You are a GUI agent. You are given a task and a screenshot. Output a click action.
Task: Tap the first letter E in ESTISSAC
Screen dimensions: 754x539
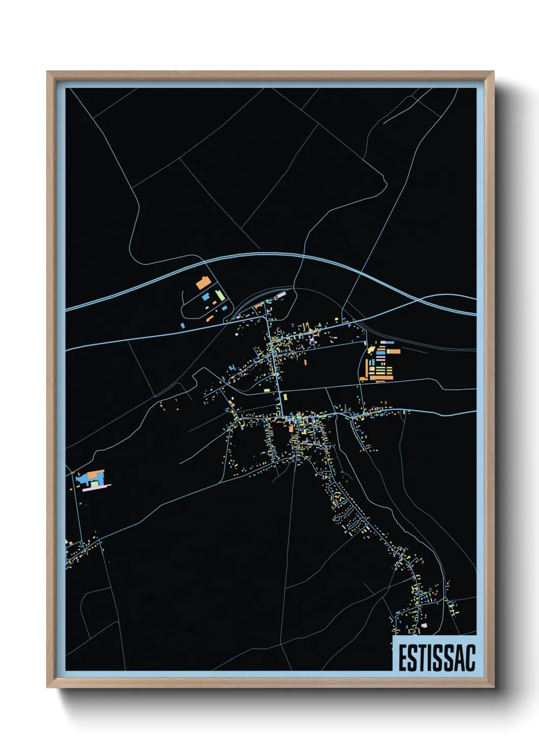click(x=402, y=658)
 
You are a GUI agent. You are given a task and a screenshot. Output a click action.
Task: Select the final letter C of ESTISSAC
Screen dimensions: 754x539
click(x=470, y=658)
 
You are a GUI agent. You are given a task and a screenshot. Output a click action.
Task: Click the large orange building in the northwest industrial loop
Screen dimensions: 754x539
click(x=203, y=283)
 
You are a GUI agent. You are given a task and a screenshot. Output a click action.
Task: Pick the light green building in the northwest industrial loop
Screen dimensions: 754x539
click(x=220, y=295)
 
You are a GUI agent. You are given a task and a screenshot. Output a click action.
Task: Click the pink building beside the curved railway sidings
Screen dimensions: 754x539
click(x=280, y=294)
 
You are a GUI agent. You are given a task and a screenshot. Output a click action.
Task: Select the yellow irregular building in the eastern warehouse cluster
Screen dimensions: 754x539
click(x=371, y=350)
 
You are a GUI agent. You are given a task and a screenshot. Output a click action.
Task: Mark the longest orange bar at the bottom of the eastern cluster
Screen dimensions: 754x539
click(x=382, y=378)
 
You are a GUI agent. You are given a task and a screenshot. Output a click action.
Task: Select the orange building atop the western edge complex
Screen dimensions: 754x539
click(x=95, y=474)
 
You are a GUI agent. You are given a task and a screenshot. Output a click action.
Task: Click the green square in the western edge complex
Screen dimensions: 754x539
click(x=94, y=483)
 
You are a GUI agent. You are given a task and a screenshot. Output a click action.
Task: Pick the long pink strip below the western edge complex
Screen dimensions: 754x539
click(x=96, y=488)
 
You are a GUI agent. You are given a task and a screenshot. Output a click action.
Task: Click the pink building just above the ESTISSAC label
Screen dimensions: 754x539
click(x=424, y=625)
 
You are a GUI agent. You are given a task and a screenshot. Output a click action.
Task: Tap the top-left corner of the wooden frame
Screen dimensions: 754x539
click(x=47, y=72)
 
